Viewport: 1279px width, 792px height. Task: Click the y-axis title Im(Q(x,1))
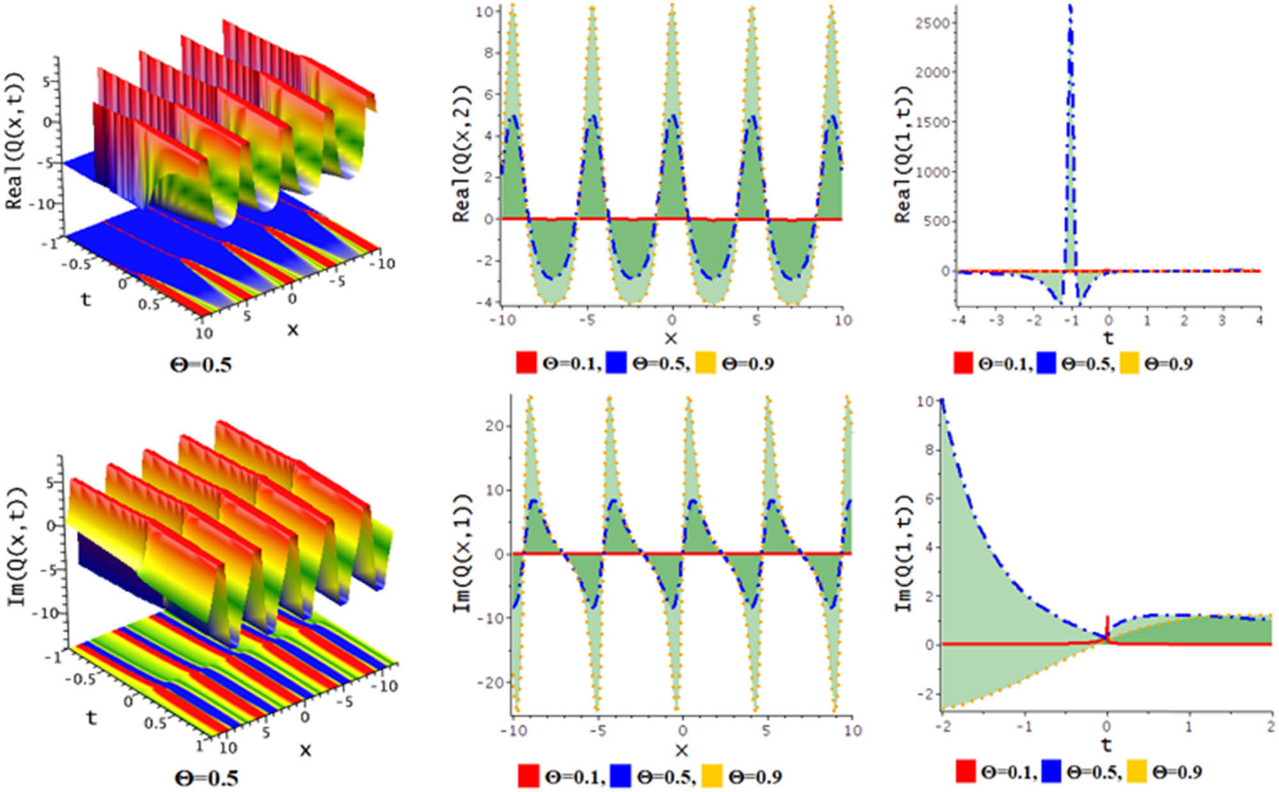click(462, 553)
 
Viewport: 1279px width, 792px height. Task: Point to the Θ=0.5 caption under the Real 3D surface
click(201, 365)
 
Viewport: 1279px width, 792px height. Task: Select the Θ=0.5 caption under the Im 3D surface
click(207, 778)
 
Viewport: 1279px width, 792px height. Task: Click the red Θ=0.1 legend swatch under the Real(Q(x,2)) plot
click(526, 362)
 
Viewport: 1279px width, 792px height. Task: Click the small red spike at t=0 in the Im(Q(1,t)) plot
click(1107, 623)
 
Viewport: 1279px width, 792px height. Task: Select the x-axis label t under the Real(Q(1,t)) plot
click(1108, 337)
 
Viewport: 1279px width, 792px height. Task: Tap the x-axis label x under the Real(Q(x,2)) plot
click(670, 338)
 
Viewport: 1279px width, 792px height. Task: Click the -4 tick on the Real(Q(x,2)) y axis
click(487, 302)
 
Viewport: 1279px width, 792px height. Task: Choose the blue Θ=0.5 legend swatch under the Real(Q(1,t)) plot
click(1047, 362)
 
